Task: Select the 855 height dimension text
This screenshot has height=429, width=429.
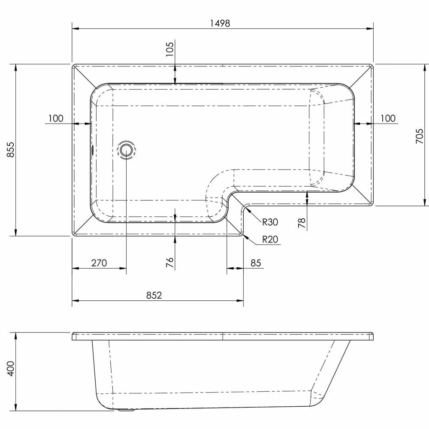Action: pos(11,150)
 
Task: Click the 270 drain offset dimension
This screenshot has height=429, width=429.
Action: pos(99,263)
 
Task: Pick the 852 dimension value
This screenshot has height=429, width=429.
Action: pos(154,295)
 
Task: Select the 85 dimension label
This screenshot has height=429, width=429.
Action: pos(256,263)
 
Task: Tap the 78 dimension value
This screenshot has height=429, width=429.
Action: pos(302,223)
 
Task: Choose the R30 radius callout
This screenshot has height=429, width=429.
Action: pos(270,222)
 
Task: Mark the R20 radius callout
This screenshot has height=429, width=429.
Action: pos(270,239)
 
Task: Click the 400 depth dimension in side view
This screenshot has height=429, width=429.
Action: pos(11,368)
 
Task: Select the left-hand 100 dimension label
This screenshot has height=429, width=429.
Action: pos(56,118)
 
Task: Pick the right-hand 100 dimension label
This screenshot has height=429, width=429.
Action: pos(388,118)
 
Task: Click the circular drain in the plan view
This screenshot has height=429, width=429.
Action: pos(126,150)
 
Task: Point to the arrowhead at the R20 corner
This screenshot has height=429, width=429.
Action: pos(244,234)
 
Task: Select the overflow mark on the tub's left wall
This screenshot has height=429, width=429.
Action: pos(91,150)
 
